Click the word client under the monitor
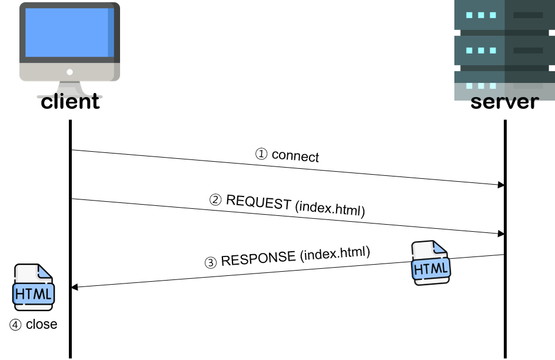tap(70, 101)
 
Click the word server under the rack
tap(504, 101)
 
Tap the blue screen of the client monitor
tap(67, 32)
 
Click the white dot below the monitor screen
tap(69, 72)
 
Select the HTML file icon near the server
tap(431, 263)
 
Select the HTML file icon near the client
tap(34, 287)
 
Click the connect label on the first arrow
tap(295, 156)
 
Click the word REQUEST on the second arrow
tap(258, 202)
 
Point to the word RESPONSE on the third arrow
tap(258, 259)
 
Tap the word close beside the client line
tap(41, 325)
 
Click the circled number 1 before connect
tap(262, 154)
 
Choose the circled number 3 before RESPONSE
tap(211, 263)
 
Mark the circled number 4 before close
tap(16, 325)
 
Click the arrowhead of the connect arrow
tap(501, 185)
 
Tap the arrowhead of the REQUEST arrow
tap(501, 234)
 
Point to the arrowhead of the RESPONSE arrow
tap(75, 287)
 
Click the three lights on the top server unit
tap(480, 15)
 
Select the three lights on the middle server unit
tap(480, 51)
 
